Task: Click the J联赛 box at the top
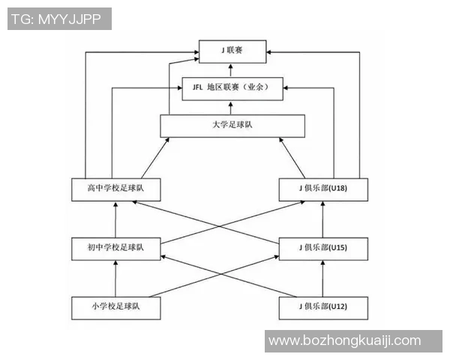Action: click(x=232, y=52)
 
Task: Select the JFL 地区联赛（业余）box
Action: click(x=232, y=88)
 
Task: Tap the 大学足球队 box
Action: click(x=232, y=126)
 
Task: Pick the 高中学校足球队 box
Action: click(x=116, y=190)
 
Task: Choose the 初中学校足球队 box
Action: click(x=116, y=249)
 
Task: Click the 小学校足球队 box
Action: click(x=116, y=308)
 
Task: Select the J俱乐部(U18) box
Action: click(x=323, y=190)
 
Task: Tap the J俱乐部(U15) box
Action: click(x=323, y=249)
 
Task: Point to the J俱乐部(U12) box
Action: click(x=323, y=308)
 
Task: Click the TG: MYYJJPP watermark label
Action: click(x=59, y=19)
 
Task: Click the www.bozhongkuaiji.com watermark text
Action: click(x=345, y=340)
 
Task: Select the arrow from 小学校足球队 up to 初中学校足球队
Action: click(x=115, y=278)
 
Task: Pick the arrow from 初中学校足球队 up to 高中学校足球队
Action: click(x=115, y=219)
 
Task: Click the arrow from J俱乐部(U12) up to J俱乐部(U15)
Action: click(x=322, y=278)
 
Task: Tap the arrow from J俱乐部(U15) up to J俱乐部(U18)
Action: click(x=322, y=219)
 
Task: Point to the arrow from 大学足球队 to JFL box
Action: click(x=230, y=107)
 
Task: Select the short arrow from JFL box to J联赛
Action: click(x=230, y=70)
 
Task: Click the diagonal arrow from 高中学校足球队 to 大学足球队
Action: click(x=155, y=158)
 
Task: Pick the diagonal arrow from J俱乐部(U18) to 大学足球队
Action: click(x=292, y=158)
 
